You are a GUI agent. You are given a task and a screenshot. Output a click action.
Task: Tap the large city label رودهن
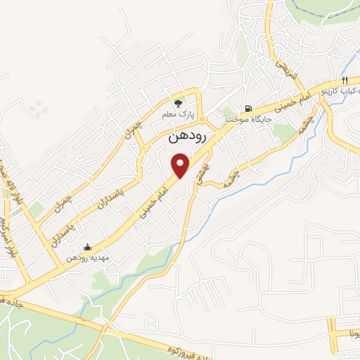pos(187,138)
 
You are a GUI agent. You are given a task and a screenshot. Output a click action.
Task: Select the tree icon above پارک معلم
pos(177,101)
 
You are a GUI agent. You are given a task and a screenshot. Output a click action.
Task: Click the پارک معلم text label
pos(181,113)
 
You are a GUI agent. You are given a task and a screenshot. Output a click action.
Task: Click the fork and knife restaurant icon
pos(345,80)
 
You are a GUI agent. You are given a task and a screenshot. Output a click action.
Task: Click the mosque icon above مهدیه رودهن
pos(86,247)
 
